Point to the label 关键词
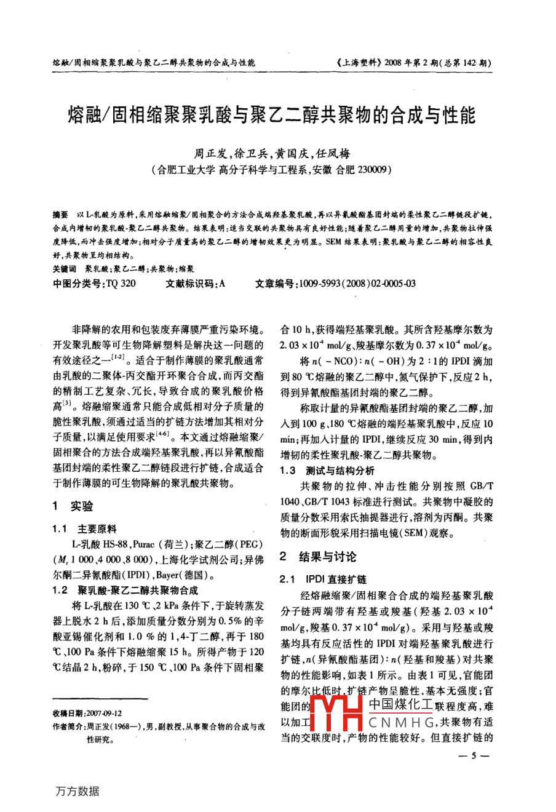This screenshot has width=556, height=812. click(x=64, y=269)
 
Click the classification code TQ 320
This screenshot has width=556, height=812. click(x=121, y=283)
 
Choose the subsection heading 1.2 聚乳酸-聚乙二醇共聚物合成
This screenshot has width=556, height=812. click(x=125, y=590)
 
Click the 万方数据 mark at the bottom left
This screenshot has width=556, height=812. click(x=77, y=791)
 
